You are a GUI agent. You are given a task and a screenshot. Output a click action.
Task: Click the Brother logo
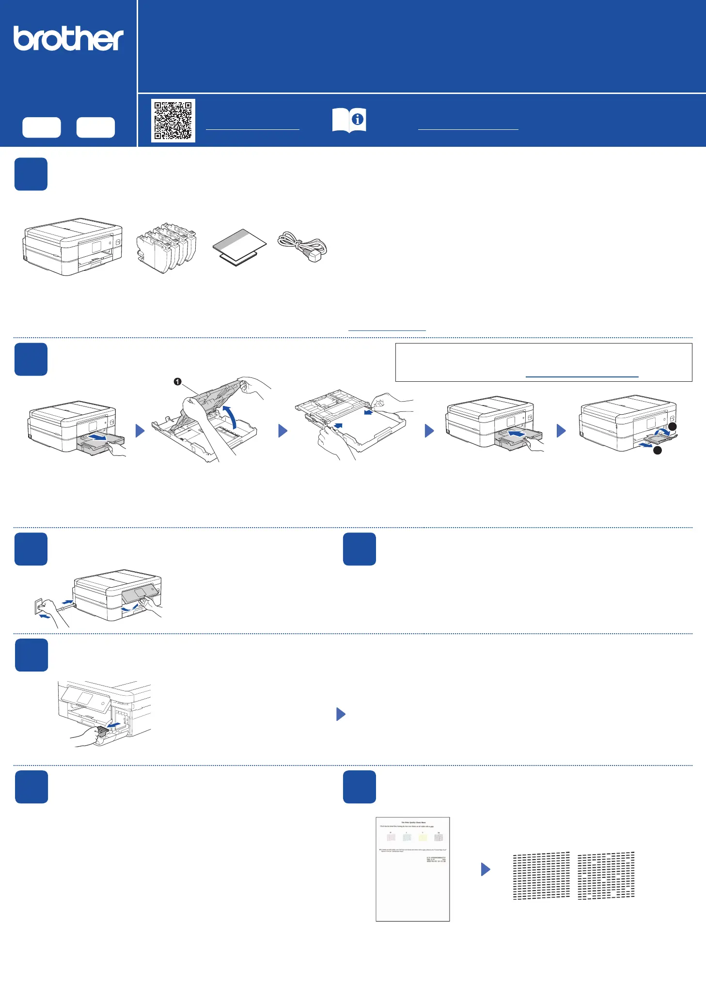pos(68,39)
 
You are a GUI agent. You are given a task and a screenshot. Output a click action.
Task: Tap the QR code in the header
pos(173,121)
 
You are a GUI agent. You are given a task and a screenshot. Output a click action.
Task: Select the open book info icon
pos(349,120)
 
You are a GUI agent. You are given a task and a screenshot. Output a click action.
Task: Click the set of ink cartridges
pos(166,247)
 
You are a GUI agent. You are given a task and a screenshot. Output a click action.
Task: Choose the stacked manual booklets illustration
pos(239,247)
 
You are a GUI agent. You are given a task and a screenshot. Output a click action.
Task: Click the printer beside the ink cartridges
pos(73,247)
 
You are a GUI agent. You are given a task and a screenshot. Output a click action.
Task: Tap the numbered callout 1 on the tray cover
pos(178,382)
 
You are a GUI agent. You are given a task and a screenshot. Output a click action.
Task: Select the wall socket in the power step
pos(39,606)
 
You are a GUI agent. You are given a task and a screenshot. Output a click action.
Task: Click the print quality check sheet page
pos(413,869)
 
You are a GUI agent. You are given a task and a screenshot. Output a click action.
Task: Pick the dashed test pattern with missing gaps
pos(606,875)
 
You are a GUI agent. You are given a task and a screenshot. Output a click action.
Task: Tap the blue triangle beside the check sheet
pos(486,869)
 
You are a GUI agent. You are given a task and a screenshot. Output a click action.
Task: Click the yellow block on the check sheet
pos(423,837)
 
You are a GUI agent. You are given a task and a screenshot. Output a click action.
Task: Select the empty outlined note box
pos(544,362)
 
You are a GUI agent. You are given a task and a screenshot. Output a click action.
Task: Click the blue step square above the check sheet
pos(360,787)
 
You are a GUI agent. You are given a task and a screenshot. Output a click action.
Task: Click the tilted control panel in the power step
pos(140,593)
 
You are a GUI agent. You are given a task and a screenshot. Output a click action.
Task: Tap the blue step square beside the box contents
pos(31,174)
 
